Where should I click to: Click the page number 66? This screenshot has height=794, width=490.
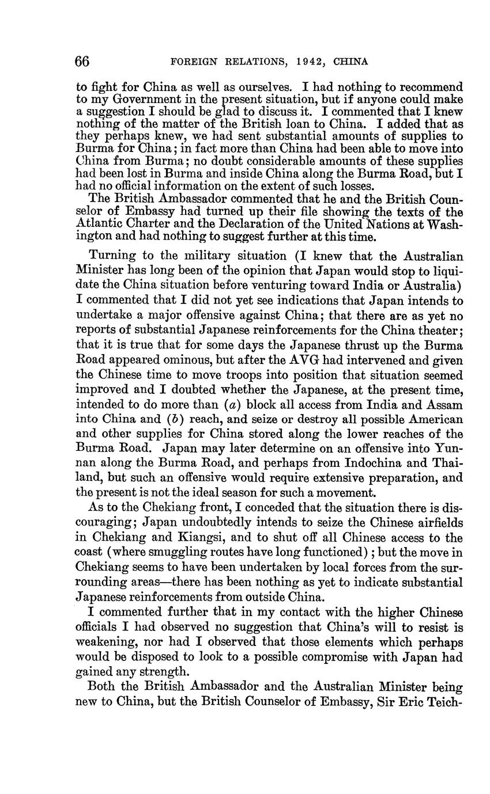point(82,62)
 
